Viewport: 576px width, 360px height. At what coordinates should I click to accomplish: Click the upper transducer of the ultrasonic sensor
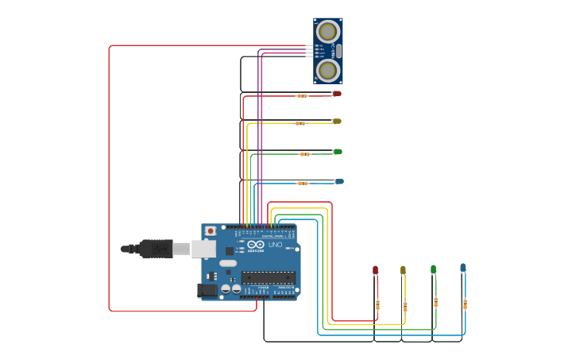tap(327, 32)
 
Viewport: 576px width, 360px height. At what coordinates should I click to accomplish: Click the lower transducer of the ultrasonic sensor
tap(327, 70)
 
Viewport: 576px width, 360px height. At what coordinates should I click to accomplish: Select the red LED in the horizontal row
tap(337, 94)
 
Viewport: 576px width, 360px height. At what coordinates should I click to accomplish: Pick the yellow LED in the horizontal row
tap(337, 122)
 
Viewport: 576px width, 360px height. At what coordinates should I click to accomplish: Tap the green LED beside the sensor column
tap(338, 152)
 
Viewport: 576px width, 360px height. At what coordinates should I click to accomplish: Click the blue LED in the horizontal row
tap(339, 182)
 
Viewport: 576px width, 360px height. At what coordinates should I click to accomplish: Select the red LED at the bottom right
tap(376, 270)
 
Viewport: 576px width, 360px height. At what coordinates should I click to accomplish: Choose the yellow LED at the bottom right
tap(403, 270)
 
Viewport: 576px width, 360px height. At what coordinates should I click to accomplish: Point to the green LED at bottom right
tap(433, 269)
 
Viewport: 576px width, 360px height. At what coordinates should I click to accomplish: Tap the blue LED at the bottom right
tap(463, 268)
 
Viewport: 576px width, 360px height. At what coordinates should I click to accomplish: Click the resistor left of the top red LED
tap(302, 95)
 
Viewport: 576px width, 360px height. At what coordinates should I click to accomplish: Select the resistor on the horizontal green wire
tap(305, 154)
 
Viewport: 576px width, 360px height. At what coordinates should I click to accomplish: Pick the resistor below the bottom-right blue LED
tap(465, 304)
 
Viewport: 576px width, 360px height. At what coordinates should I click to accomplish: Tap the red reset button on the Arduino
tap(210, 231)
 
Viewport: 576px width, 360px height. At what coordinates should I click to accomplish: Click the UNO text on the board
tap(275, 245)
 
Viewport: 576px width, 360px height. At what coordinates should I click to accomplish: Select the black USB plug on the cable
tap(156, 249)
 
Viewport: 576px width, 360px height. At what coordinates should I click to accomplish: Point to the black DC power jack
tap(207, 291)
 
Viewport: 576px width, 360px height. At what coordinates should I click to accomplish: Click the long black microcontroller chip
tap(269, 277)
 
